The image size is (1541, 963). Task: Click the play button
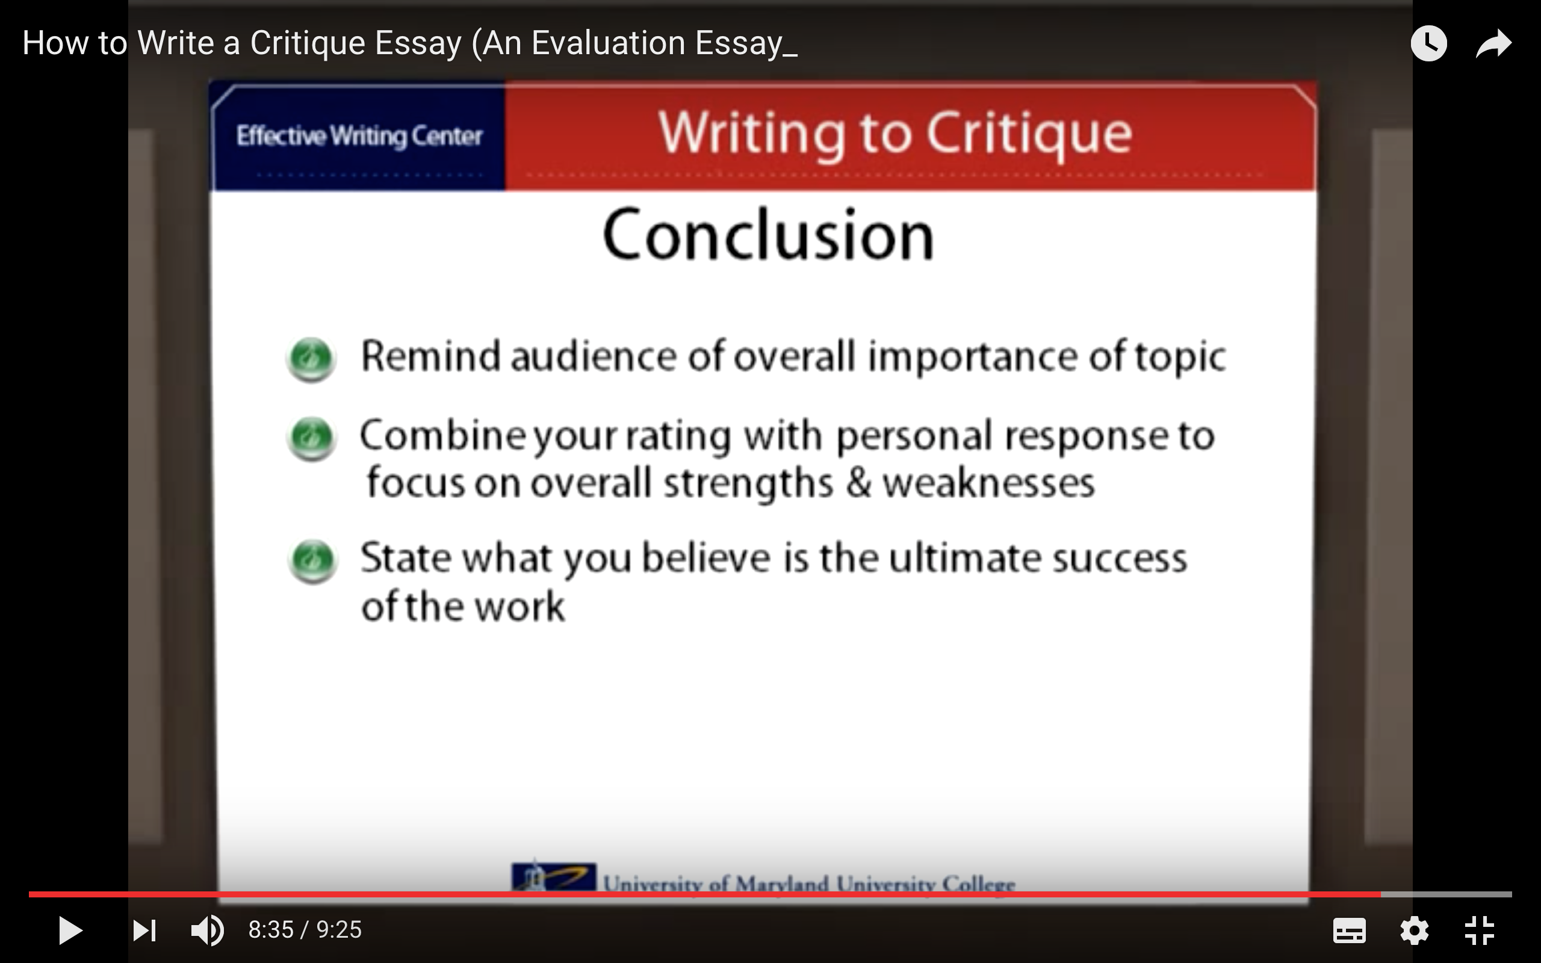(70, 930)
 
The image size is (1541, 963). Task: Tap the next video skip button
(144, 930)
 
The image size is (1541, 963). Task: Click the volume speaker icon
(208, 930)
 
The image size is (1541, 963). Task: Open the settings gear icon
(1414, 931)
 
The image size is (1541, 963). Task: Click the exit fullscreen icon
(1479, 930)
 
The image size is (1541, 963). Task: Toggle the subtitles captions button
(1350, 931)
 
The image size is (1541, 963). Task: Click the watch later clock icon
(1429, 43)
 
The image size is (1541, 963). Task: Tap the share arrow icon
(1494, 44)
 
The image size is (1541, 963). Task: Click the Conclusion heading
(768, 234)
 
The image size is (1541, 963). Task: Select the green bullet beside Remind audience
(311, 359)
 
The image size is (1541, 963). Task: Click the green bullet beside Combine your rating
(311, 438)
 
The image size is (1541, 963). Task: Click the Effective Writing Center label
(359, 136)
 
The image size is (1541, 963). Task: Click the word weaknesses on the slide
(988, 483)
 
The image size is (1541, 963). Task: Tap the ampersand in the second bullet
(858, 483)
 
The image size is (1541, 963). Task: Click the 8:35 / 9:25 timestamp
(305, 930)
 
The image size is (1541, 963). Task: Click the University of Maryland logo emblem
(553, 878)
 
